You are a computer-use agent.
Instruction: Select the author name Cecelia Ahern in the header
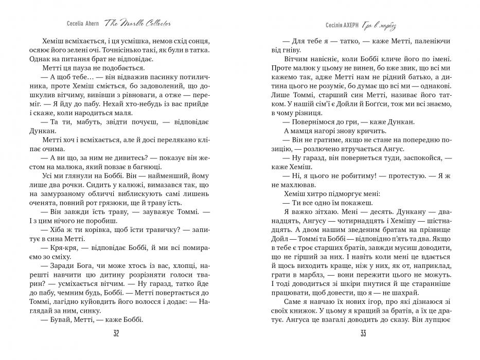[x=83, y=24]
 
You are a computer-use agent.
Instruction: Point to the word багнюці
[x=147, y=167]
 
